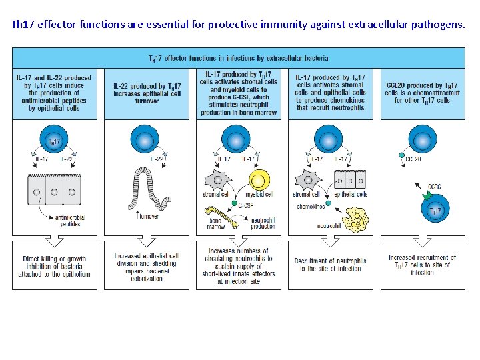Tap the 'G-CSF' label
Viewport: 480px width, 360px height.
coord(245,207)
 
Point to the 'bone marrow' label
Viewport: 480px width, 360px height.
coord(216,223)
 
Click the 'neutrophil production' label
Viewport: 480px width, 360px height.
coord(263,223)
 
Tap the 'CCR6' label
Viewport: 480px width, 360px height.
coord(434,187)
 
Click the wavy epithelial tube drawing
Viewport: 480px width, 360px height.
coord(149,187)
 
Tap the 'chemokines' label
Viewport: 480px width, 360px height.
coord(310,207)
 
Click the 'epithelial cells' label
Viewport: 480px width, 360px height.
coord(351,195)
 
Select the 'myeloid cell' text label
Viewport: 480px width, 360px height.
coord(259,195)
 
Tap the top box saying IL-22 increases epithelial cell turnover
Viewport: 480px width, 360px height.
coord(147,93)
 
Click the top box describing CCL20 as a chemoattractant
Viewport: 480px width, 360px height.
coord(423,93)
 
